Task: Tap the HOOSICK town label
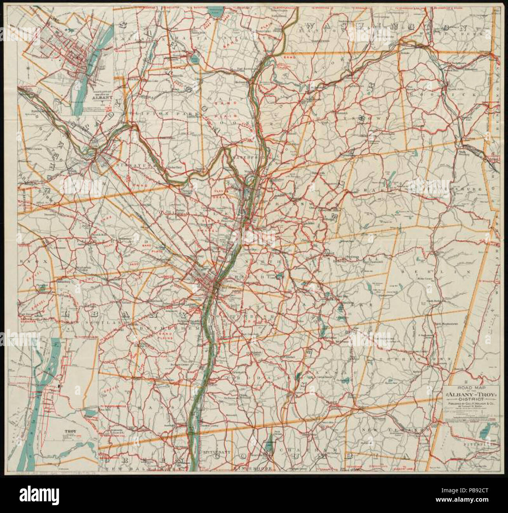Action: click(442, 95)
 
